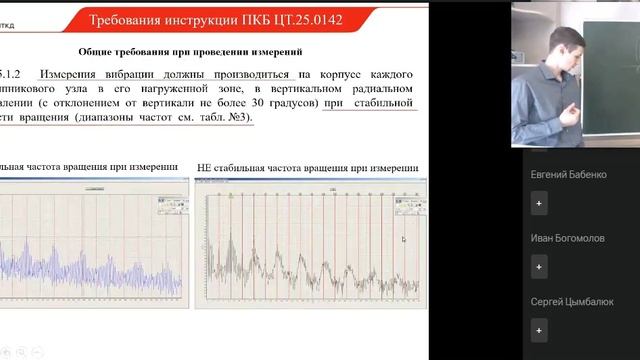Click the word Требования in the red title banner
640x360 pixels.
coord(128,20)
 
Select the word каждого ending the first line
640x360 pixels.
coord(392,74)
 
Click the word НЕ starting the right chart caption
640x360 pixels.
coord(205,167)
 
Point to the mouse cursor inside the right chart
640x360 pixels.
coord(404,240)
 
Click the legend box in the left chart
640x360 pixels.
coord(171,206)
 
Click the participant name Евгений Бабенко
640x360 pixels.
coord(568,174)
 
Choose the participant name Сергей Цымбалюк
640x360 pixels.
coord(573,302)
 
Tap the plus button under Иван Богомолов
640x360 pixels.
coord(539,267)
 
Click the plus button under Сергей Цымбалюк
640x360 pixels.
coord(539,330)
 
